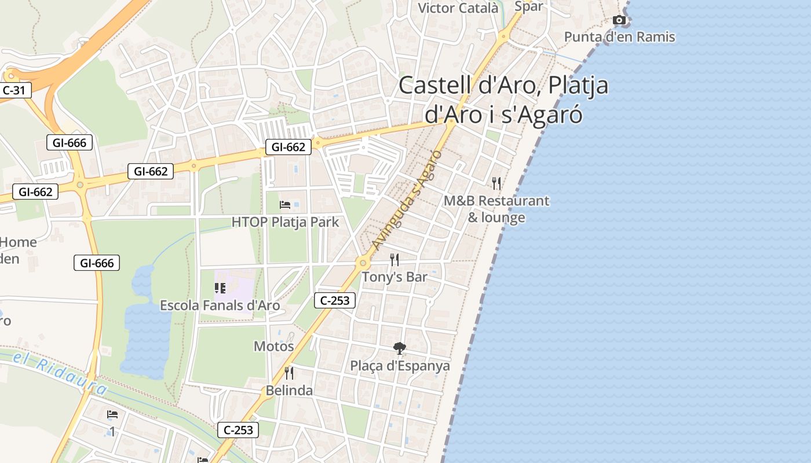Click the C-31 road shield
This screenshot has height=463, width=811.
click(14, 90)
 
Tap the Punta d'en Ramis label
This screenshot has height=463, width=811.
click(619, 37)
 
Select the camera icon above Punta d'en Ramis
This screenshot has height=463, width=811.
click(619, 20)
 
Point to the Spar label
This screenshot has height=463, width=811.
click(528, 6)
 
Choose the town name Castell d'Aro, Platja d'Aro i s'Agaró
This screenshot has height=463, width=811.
click(503, 100)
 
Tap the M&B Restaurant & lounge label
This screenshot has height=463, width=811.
click(496, 209)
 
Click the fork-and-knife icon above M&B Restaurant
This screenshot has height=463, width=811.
click(496, 183)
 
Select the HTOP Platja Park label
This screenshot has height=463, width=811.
click(285, 222)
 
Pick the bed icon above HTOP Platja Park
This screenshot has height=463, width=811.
click(285, 205)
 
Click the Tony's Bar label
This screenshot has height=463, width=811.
click(394, 277)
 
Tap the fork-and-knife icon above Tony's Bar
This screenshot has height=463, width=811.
click(394, 259)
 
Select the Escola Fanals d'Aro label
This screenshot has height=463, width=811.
click(220, 305)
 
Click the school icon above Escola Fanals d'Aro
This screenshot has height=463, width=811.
click(220, 288)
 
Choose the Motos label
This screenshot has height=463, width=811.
click(274, 346)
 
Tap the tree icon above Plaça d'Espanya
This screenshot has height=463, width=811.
click(399, 348)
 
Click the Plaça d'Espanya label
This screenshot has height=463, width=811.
click(400, 366)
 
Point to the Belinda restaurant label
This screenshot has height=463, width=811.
click(289, 391)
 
